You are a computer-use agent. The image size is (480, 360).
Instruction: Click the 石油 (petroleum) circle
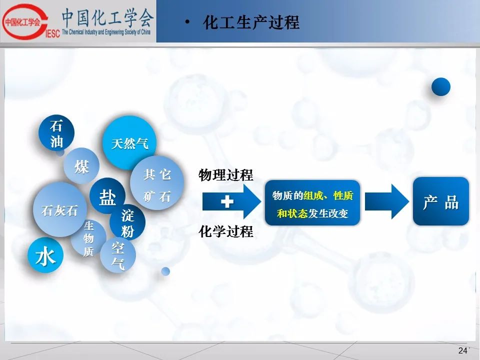tap(56, 133)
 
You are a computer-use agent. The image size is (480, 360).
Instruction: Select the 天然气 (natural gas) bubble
tap(129, 143)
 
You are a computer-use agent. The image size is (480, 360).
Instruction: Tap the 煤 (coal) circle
tap(81, 166)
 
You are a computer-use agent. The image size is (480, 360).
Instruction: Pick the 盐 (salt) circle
tap(107, 196)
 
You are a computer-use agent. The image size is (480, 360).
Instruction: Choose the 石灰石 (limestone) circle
tap(60, 209)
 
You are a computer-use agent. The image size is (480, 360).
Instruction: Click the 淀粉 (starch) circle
tap(127, 222)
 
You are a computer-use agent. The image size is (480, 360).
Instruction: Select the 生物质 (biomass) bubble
tap(88, 238)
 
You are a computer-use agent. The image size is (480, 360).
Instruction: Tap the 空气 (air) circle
tap(118, 255)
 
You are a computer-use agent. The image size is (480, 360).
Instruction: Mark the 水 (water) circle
tap(45, 255)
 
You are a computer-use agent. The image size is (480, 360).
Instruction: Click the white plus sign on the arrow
tap(227, 201)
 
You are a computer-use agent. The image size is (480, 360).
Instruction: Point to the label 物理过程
tap(226, 175)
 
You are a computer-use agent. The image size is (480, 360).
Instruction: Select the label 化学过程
tap(226, 231)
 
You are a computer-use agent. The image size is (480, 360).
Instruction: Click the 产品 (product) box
tap(441, 201)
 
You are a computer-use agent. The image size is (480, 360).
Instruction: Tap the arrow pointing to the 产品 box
tap(387, 201)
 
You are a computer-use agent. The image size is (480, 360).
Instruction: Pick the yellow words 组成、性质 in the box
tap(328, 195)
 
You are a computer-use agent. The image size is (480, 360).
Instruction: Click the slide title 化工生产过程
tap(251, 22)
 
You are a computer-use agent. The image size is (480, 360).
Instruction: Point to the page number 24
tap(462, 350)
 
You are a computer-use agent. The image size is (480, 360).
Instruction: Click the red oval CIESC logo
tap(25, 21)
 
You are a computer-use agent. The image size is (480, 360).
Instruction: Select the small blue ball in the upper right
tap(441, 86)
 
